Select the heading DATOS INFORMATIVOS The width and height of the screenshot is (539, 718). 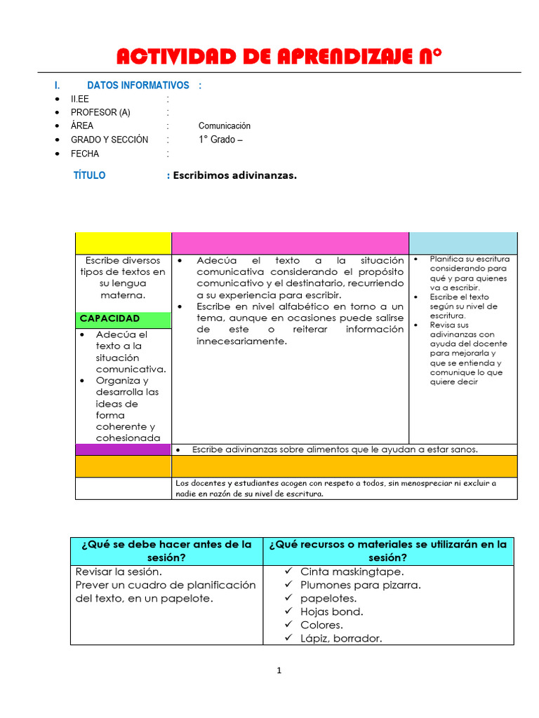click(x=138, y=86)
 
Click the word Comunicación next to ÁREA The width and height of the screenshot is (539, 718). click(x=224, y=126)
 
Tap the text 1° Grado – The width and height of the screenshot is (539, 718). click(x=220, y=140)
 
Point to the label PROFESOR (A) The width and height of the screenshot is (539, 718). click(x=100, y=113)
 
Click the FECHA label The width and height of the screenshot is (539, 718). click(x=85, y=154)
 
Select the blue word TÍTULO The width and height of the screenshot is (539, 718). click(x=89, y=175)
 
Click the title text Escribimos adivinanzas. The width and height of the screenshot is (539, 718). click(x=234, y=175)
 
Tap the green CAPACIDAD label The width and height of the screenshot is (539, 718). click(x=109, y=318)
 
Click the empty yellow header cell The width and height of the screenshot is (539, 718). click(x=123, y=243)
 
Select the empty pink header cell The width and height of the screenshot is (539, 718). click(x=290, y=243)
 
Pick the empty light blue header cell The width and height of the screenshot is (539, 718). click(x=463, y=243)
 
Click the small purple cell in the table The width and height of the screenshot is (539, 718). click(x=123, y=449)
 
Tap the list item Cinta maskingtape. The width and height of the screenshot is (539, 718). click(x=352, y=571)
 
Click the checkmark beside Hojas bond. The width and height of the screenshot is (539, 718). click(x=288, y=611)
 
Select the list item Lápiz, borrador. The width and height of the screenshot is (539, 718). click(x=341, y=638)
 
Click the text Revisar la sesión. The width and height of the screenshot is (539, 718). click(x=118, y=571)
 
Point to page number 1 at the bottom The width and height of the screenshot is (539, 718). click(x=279, y=670)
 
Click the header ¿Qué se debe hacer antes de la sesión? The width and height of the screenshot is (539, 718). click(x=166, y=551)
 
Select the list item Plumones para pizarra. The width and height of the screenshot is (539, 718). click(x=360, y=585)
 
